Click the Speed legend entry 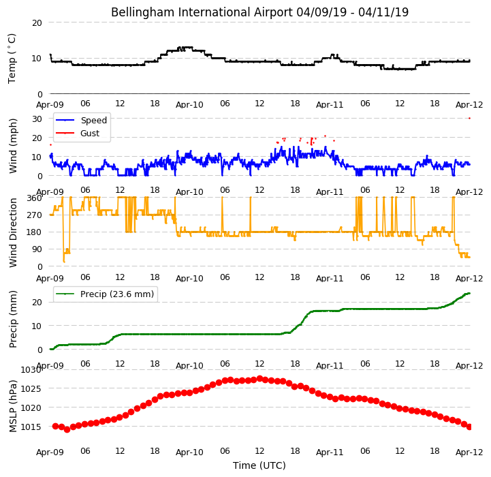[82, 121]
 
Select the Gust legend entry [78, 133]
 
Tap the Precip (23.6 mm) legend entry [105, 294]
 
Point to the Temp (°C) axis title [12, 59]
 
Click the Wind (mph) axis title [12, 146]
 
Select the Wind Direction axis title [12, 233]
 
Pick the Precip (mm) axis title [12, 319]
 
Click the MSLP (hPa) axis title [12, 406]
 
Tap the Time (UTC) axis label [259, 465]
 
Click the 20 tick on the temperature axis [37, 23]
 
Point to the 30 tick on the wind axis [37, 119]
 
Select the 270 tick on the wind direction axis [34, 215]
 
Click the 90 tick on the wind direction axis [37, 249]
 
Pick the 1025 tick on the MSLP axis [31, 389]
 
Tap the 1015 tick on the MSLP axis [31, 427]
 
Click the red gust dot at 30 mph [469, 119]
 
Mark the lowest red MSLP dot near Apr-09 [67, 430]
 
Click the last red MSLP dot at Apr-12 [469, 427]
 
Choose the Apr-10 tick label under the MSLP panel [189, 452]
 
